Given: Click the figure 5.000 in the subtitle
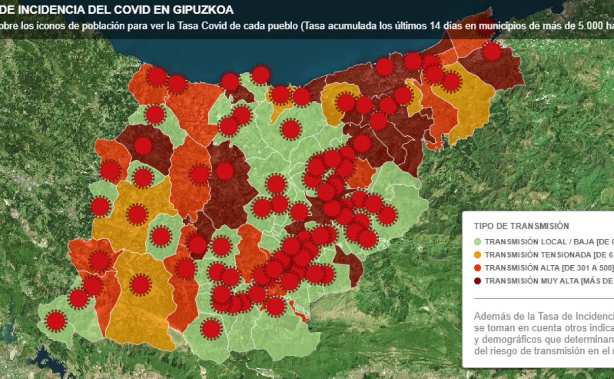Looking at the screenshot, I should pyautogui.click(x=591, y=26).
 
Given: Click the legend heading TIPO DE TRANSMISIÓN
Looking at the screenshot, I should pyautogui.click(x=521, y=226).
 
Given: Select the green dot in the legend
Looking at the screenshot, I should pyautogui.click(x=478, y=242).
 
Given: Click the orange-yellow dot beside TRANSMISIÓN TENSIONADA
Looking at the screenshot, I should pyautogui.click(x=478, y=255).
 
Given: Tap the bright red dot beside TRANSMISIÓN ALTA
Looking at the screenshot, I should pyautogui.click(x=478, y=268).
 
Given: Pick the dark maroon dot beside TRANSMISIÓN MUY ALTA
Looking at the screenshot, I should pyautogui.click(x=478, y=281).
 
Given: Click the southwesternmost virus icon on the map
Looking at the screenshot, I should pyautogui.click(x=56, y=321).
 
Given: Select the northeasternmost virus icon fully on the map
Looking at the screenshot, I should pyautogui.click(x=492, y=51).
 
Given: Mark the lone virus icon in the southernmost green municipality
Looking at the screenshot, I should pyautogui.click(x=211, y=328).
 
